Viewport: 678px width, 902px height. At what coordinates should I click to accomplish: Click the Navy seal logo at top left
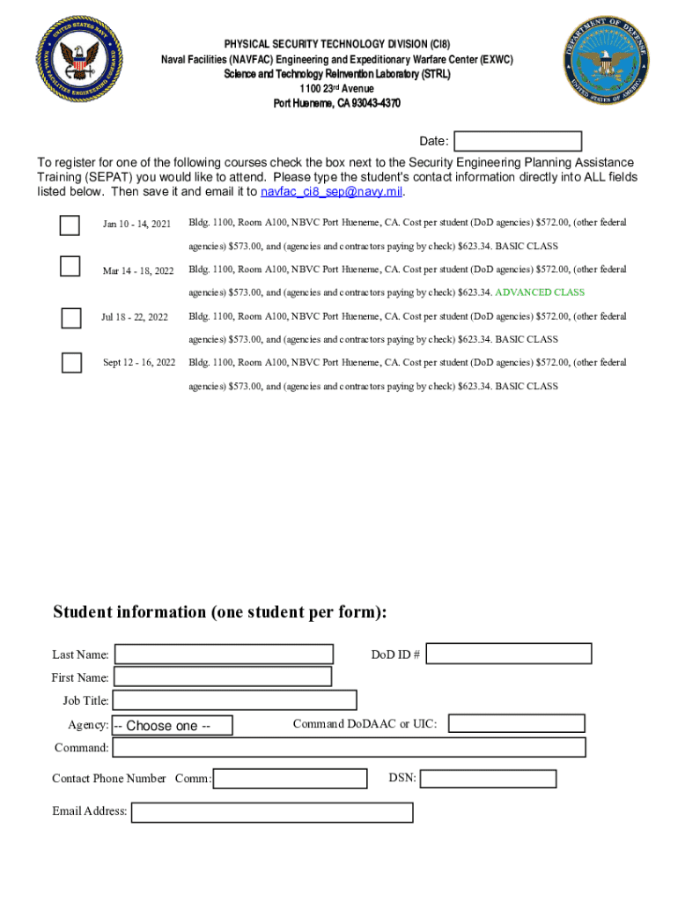(x=78, y=60)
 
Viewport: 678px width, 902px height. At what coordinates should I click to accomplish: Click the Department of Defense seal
(x=608, y=61)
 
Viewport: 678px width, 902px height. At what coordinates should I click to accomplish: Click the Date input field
(x=518, y=141)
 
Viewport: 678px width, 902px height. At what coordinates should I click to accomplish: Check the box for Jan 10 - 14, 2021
(x=70, y=225)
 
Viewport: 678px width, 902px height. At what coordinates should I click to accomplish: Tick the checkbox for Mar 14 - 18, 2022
(x=70, y=266)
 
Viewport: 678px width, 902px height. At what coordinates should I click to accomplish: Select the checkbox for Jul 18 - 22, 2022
(x=71, y=317)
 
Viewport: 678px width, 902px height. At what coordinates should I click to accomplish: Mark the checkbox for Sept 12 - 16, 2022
(x=71, y=362)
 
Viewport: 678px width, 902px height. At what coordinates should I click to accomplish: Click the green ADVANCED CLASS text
(x=540, y=292)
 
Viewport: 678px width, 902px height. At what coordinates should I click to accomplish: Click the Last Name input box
(x=225, y=654)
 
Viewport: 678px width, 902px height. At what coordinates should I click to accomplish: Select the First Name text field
(x=223, y=676)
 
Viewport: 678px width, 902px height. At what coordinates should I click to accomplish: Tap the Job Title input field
(x=235, y=700)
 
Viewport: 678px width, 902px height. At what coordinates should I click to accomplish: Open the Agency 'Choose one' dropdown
(x=173, y=726)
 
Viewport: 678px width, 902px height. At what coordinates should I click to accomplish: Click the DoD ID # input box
(x=509, y=654)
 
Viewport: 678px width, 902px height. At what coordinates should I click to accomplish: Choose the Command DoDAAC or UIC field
(x=517, y=723)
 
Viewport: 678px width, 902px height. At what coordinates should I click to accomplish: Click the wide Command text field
(x=350, y=748)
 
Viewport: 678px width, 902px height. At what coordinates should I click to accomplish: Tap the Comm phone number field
(x=291, y=779)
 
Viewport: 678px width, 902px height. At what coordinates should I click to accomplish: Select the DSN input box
(x=488, y=779)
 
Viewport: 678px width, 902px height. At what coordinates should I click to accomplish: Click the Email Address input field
(x=272, y=811)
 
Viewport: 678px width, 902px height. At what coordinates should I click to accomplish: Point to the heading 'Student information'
(x=219, y=612)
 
